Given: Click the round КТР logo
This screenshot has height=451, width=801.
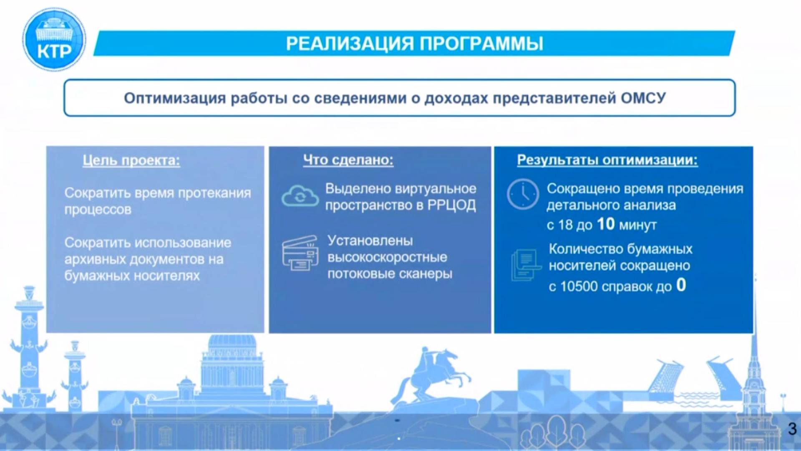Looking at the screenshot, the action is (x=54, y=40).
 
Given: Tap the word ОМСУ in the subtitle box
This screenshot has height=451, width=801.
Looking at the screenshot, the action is (x=643, y=98).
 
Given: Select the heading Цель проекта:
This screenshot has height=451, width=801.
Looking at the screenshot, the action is (x=131, y=160).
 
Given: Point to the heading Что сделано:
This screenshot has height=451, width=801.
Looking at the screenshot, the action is (x=348, y=160).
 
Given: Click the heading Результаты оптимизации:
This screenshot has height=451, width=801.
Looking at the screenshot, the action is (x=607, y=160).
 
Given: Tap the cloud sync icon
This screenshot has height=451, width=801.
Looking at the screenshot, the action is (x=300, y=196).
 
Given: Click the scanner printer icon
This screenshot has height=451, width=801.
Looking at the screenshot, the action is (x=300, y=253).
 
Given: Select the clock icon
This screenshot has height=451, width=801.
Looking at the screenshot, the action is (x=523, y=194).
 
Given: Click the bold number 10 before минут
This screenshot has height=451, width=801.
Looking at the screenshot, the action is (x=606, y=224).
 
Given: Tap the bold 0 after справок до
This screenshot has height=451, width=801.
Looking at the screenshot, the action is (x=681, y=285).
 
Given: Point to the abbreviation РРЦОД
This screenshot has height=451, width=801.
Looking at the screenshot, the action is (x=451, y=205).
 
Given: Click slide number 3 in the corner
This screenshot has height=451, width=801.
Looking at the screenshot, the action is (x=792, y=429).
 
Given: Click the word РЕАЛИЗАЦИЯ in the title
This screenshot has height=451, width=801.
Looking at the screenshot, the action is (x=350, y=43).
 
